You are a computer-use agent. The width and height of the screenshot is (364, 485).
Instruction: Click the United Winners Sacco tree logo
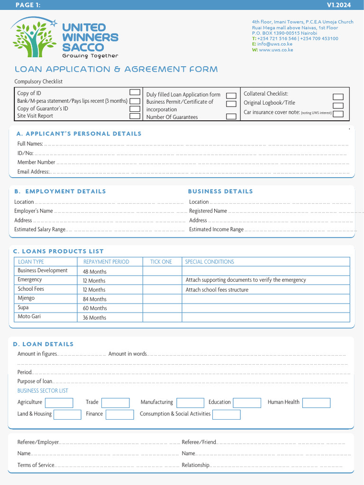pos(34,38)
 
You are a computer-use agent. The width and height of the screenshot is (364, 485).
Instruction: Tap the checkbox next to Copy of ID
pos(135,92)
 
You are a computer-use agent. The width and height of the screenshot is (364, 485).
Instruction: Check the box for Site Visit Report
pos(135,116)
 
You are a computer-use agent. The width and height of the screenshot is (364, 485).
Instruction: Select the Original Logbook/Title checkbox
pos(338,105)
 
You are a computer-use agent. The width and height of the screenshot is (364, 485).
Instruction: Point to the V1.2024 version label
pos(339,5)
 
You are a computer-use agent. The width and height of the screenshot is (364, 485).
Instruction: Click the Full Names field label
pos(30,144)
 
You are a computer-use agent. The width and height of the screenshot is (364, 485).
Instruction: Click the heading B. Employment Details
pos(60,191)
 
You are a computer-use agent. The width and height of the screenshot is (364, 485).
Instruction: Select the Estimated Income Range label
pos(216,230)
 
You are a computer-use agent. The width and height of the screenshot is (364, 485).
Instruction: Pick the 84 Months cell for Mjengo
pos(95,299)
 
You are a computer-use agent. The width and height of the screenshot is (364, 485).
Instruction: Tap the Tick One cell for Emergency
pos(162,280)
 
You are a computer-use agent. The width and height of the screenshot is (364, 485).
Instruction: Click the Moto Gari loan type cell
pos(29,317)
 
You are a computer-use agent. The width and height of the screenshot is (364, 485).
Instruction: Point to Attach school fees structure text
pos(217,290)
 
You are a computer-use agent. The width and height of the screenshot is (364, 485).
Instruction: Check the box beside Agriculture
pos(59,403)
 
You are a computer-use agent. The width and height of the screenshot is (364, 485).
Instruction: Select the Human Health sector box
pos(316,403)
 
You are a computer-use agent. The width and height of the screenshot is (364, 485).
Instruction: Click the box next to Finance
pos(119,415)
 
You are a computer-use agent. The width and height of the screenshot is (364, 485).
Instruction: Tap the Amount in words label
pos(127,354)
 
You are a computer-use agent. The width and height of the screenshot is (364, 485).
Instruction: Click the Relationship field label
pos(195,465)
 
